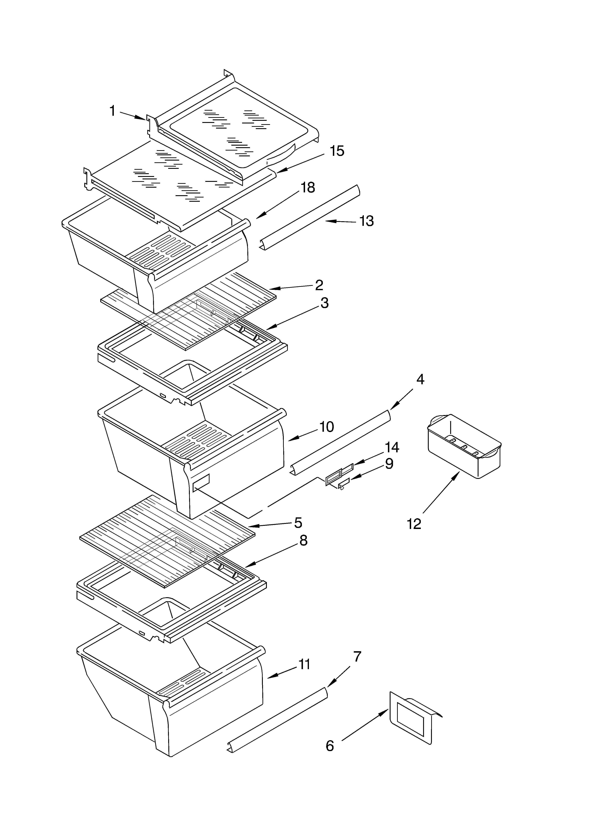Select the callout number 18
click(x=307, y=187)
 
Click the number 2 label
click(x=319, y=285)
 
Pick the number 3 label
click(x=324, y=303)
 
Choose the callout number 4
click(x=420, y=379)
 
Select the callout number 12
click(x=414, y=524)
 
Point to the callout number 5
click(x=298, y=523)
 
